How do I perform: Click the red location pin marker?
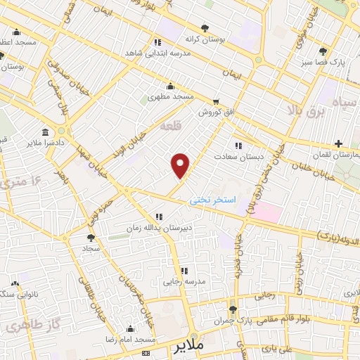(181, 165)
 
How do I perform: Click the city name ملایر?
(191, 347)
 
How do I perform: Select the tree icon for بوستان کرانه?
(205, 28)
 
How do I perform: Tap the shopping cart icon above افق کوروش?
(216, 101)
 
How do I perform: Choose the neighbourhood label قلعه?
(171, 127)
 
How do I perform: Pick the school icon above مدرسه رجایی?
(184, 271)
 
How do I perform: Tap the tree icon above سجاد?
(91, 239)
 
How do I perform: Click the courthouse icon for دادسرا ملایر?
(46, 132)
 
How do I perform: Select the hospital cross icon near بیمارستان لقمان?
(339, 143)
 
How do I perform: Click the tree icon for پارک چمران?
(233, 309)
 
